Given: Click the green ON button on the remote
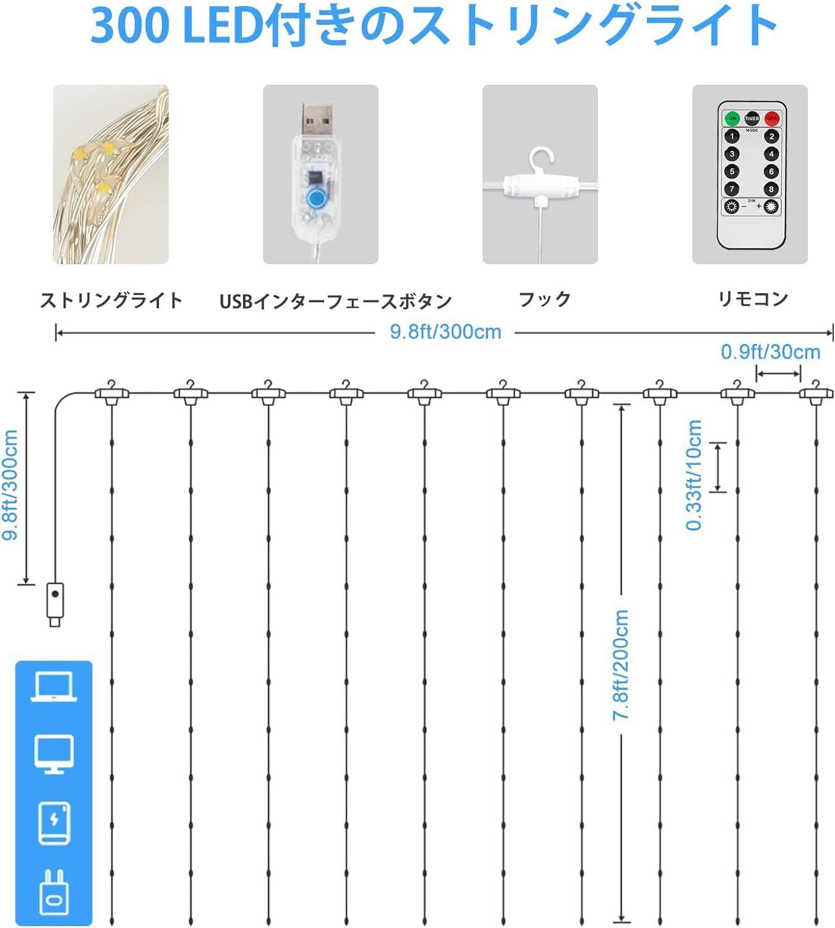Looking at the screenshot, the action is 732,119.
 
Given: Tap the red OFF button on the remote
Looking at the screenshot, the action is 771,119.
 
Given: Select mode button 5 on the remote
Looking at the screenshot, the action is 732,171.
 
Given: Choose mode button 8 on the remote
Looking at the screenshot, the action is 771,189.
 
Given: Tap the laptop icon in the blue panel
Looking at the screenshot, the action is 54,687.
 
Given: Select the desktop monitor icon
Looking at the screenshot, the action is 54,755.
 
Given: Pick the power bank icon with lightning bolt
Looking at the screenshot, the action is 54,823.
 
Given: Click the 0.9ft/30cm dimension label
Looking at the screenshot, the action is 770,353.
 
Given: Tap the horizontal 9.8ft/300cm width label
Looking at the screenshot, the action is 445,332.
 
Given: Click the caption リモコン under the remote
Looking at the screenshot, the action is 753,299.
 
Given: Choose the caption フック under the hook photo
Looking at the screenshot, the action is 545,299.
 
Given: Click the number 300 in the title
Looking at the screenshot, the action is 129,25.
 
